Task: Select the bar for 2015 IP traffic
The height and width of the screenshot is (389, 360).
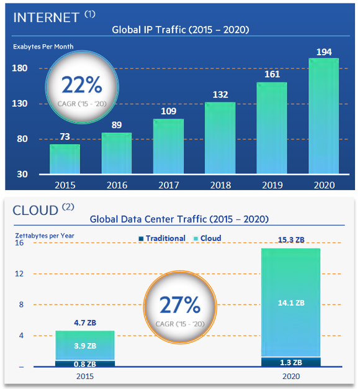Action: pos(65,159)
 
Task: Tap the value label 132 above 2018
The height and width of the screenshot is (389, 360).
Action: pos(220,94)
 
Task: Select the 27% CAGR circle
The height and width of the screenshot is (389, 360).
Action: pos(180,307)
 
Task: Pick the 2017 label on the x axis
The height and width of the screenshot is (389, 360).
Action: pos(168,185)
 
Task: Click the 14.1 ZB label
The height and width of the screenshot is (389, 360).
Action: pos(291,303)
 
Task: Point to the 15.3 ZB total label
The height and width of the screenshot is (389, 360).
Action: pos(291,240)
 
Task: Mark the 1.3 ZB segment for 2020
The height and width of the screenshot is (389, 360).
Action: pos(291,362)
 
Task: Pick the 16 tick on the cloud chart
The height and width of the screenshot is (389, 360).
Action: pos(20,243)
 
